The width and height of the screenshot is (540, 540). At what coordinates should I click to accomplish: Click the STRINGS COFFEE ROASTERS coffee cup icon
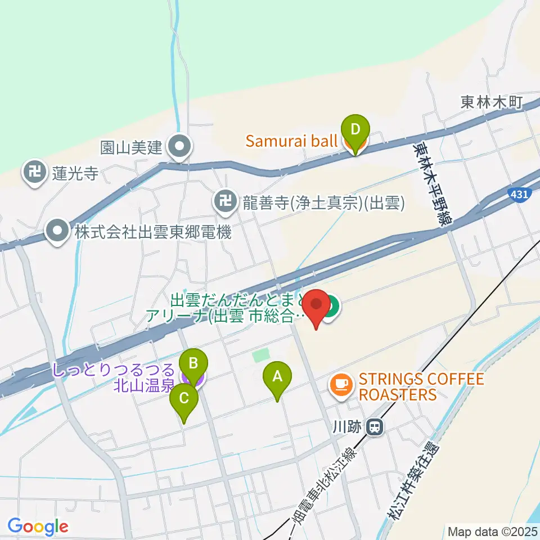tap(341, 385)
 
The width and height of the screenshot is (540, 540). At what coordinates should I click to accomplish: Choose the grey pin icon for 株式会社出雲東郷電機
tap(57, 231)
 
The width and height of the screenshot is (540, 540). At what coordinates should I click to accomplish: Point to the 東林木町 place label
tap(492, 102)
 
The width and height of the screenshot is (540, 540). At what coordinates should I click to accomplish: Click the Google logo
tap(38, 526)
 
